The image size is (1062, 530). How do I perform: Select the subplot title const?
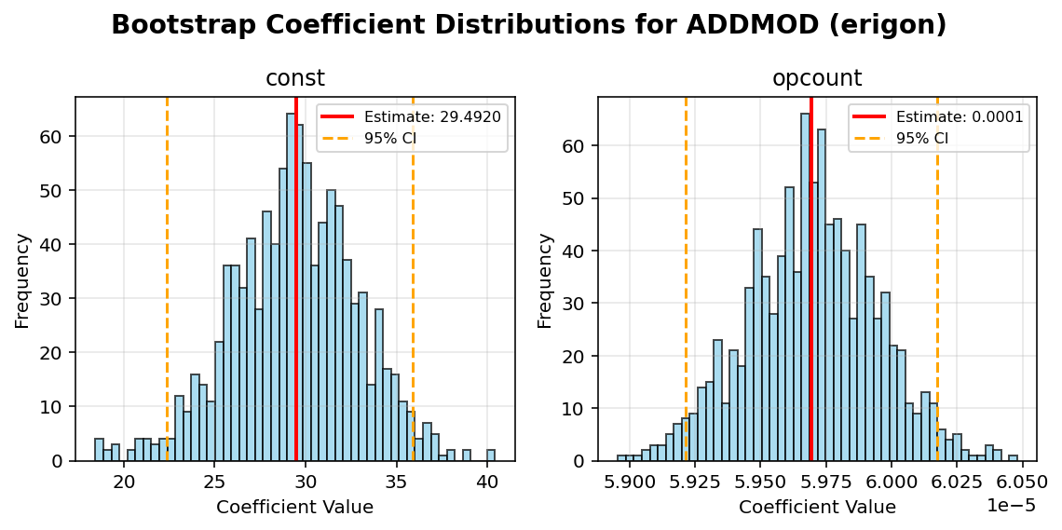coord(295,79)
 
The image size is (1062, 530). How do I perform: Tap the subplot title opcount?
coord(817,79)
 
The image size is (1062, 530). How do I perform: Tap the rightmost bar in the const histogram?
coord(491,455)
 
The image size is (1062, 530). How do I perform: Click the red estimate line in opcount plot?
coord(811,279)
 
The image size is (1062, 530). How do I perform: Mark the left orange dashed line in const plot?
coord(167,279)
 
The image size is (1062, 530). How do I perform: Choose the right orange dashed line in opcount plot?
coord(937,279)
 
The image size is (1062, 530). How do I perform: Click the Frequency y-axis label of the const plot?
coord(22,280)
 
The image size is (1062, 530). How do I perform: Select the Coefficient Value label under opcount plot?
coord(817,508)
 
